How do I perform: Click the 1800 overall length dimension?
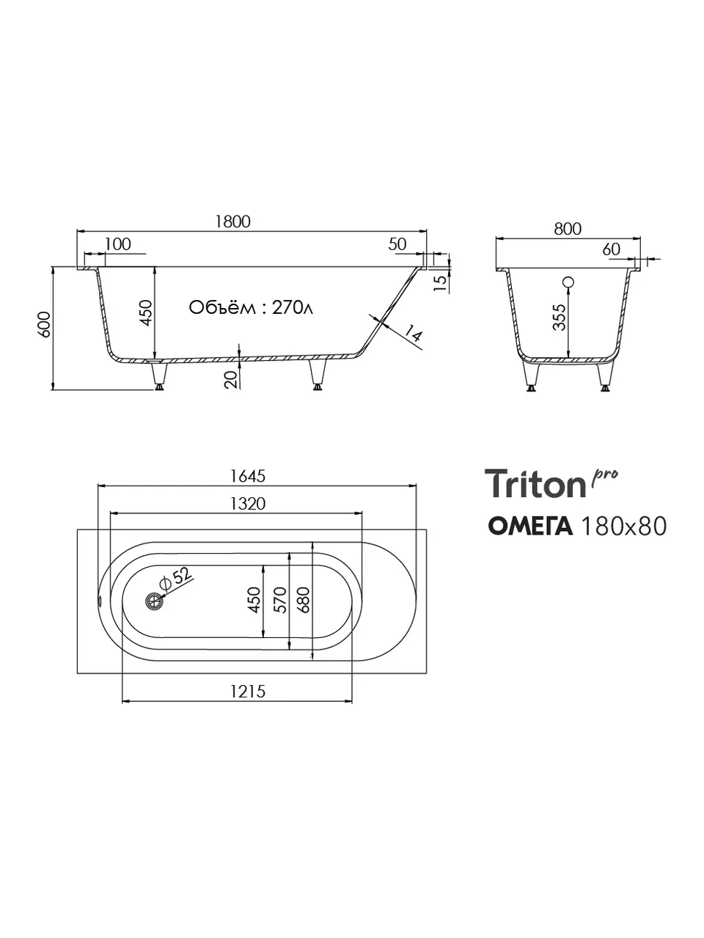tap(232, 221)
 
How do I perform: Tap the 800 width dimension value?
tap(568, 229)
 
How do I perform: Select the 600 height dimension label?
tap(45, 324)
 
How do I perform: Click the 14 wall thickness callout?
tap(412, 333)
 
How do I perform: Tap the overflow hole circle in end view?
tap(568, 282)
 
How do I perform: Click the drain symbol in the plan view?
tap(154, 601)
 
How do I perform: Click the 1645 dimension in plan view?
tap(248, 476)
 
